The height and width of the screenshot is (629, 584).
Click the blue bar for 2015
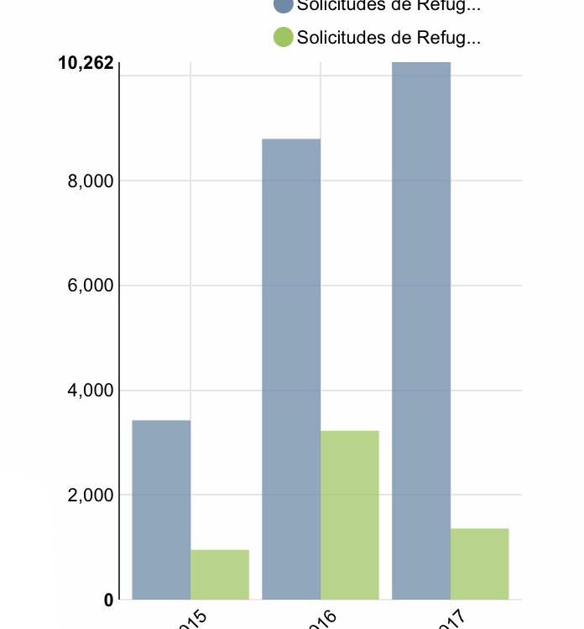161,510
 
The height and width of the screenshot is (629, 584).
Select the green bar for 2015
220,574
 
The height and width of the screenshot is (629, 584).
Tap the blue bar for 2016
291,370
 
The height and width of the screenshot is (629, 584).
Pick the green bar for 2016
350,515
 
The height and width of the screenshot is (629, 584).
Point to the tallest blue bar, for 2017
421,331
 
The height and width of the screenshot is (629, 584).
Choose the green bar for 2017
479,563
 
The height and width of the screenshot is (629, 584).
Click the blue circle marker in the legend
284,5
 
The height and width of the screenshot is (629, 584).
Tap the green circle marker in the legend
284,37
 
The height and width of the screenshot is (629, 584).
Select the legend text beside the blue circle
388,6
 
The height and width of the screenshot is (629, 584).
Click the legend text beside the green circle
388,38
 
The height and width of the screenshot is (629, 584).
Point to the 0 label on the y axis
108,600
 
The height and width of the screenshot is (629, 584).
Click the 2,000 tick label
90,495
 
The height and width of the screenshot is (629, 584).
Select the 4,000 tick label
90,391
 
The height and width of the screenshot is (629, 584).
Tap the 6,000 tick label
90,286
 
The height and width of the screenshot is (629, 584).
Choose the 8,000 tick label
90,181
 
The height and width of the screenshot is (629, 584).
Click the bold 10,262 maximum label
86,63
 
